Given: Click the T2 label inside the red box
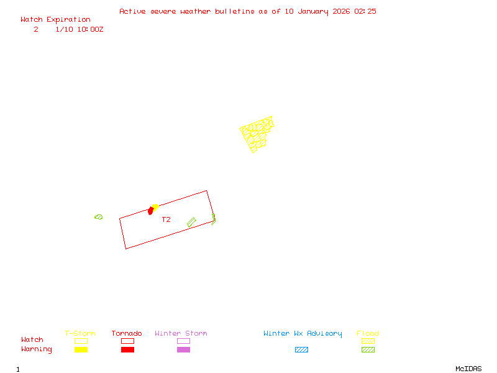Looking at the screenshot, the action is click(166, 219).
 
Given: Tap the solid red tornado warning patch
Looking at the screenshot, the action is click(150, 211).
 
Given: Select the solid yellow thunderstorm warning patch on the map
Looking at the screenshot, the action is click(155, 206).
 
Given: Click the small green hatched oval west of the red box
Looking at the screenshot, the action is click(98, 217).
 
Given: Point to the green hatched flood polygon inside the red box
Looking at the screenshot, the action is click(191, 221).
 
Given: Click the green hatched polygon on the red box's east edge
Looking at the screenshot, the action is click(213, 219).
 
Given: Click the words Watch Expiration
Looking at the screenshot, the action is click(55, 19).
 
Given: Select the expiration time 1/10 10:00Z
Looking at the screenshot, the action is click(79, 29).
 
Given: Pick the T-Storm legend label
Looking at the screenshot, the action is click(80, 333).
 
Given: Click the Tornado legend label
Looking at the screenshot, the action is click(127, 333).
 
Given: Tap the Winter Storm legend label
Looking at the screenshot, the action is click(181, 333).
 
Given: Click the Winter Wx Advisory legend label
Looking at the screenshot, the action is click(303, 333).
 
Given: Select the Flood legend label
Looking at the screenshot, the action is click(368, 333).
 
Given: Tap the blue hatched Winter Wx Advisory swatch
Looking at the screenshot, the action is click(301, 349).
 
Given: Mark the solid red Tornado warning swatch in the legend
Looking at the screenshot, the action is click(127, 349).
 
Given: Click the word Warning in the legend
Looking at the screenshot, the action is click(37, 349).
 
